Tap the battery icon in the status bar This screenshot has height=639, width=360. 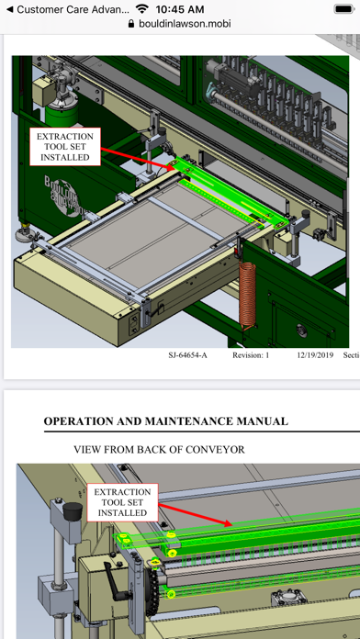pyautogui.click(x=344, y=9)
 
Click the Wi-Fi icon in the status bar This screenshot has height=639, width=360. pyautogui.click(x=142, y=8)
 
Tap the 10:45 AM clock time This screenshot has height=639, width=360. pyautogui.click(x=180, y=9)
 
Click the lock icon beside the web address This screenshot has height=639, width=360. pyautogui.click(x=131, y=24)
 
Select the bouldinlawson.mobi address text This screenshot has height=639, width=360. pyautogui.click(x=185, y=24)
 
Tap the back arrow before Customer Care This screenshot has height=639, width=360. pyautogui.click(x=9, y=9)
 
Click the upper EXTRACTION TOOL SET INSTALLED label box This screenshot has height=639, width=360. pyautogui.click(x=65, y=147)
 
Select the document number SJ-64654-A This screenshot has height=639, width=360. pyautogui.click(x=187, y=355)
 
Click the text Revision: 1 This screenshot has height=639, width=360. pyautogui.click(x=251, y=355)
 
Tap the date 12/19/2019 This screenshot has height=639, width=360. pyautogui.click(x=315, y=355)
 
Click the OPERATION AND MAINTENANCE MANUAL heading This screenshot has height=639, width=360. pyautogui.click(x=166, y=421)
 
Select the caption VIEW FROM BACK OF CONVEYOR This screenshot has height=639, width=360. pyautogui.click(x=160, y=450)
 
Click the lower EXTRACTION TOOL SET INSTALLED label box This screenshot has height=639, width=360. pyautogui.click(x=122, y=502)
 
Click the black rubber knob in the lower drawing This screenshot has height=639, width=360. pyautogui.click(x=73, y=510)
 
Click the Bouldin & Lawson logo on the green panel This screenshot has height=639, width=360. pyautogui.click(x=62, y=197)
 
